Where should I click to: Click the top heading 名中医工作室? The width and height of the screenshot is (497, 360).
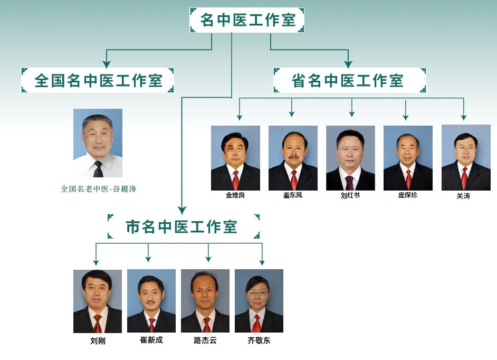coord(247,20)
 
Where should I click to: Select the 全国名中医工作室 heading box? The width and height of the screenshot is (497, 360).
coord(98,80)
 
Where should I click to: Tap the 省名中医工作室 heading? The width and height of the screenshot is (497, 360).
coord(349,80)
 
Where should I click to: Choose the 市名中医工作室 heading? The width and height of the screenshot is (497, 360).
coord(183,226)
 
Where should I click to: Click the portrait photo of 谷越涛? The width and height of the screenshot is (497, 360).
coord(98,143)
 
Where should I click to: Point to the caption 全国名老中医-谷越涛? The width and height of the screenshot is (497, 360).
coord(98,188)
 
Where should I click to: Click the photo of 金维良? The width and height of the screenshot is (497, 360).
coord(235,158)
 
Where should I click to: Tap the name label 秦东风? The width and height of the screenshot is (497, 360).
coord(293,195)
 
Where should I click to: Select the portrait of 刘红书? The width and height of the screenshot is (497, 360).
coord(350,158)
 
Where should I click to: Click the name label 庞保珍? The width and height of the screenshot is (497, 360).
coord(407,195)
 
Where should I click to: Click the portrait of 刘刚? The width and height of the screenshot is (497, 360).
coord(98,301)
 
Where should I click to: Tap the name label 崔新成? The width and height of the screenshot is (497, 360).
coord(151,340)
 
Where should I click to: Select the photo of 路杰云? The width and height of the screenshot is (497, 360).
coord(205,301)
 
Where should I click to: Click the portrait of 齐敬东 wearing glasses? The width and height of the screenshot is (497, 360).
coord(259,301)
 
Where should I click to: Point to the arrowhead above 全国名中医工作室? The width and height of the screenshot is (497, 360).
coord(107,64)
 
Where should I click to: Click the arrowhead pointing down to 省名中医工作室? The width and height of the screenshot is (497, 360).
coord(348,64)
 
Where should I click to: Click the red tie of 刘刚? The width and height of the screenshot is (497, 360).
coord(98,324)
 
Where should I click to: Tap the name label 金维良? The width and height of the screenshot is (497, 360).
coord(235,195)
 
